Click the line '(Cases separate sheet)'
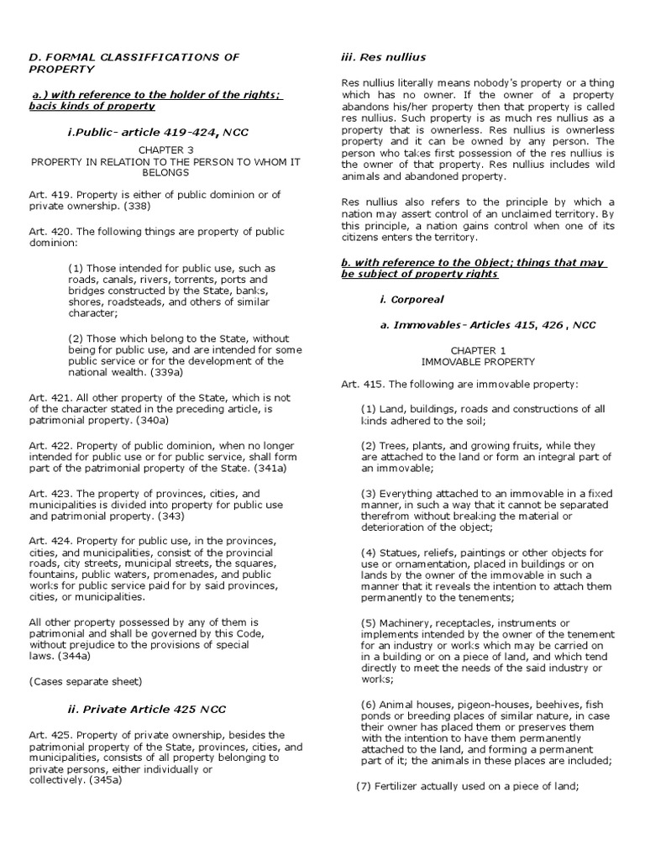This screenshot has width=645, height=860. coord(85,680)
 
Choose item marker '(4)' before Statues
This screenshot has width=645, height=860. coord(369,553)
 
